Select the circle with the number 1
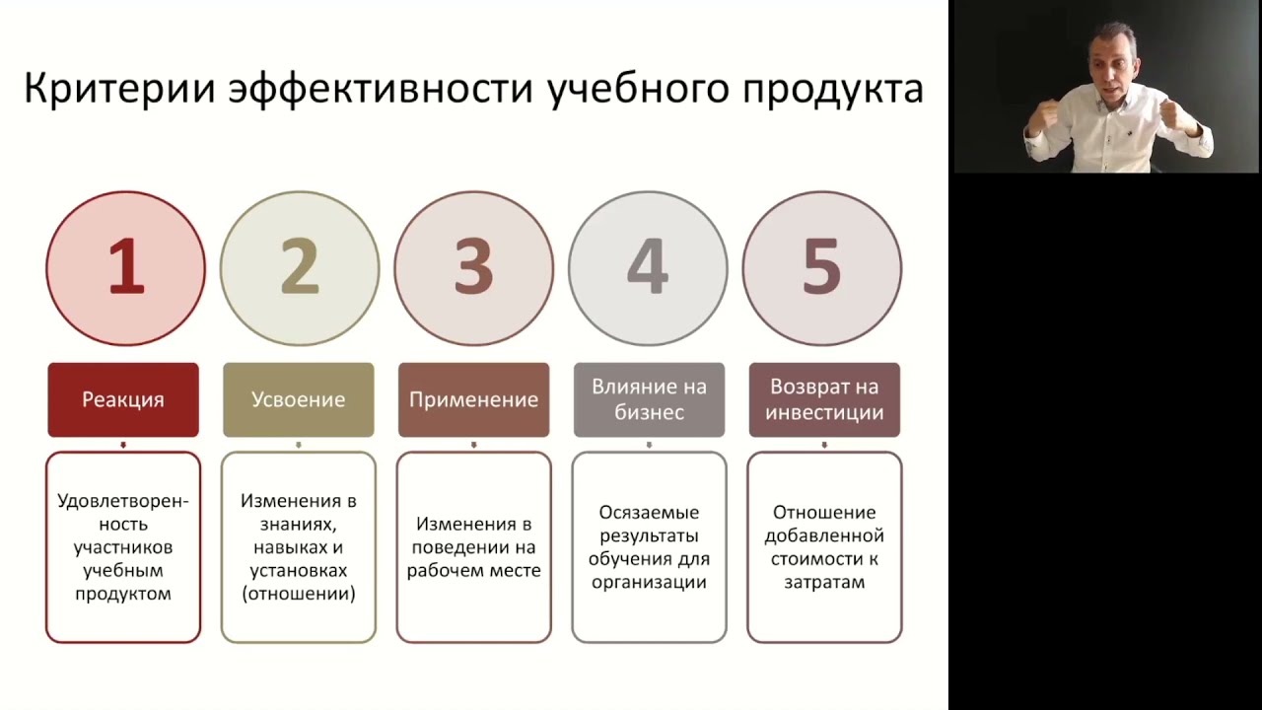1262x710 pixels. pyautogui.click(x=125, y=267)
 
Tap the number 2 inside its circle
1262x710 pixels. pyautogui.click(x=300, y=267)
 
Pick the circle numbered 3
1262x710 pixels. pyautogui.click(x=473, y=267)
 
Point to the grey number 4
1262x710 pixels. pyautogui.click(x=648, y=267)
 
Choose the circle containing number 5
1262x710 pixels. pyautogui.click(x=821, y=267)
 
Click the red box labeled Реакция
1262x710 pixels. pyautogui.click(x=123, y=399)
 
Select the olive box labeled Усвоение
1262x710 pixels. pyautogui.click(x=298, y=399)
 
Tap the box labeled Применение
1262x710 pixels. pyautogui.click(x=473, y=399)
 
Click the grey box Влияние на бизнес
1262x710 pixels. pyautogui.click(x=649, y=399)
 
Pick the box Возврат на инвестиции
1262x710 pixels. pyautogui.click(x=824, y=399)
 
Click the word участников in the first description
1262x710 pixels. pyautogui.click(x=123, y=547)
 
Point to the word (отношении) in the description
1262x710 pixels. pyautogui.click(x=298, y=594)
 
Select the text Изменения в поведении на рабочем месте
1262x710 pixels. pyautogui.click(x=473, y=547)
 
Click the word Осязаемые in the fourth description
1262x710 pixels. pyautogui.click(x=649, y=513)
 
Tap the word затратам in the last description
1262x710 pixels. pyautogui.click(x=824, y=582)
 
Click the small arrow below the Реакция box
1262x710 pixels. pyautogui.click(x=123, y=445)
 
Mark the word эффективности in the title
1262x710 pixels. pyautogui.click(x=386, y=89)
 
